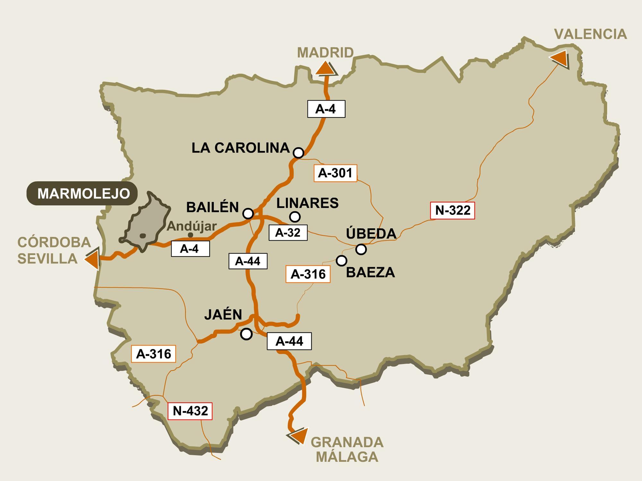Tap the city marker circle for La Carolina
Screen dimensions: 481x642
(x=299, y=153)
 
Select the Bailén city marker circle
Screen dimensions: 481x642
(x=248, y=213)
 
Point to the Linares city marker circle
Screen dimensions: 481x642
(x=295, y=217)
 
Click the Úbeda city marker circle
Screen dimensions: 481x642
(x=361, y=249)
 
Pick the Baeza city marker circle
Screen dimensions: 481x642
(x=342, y=260)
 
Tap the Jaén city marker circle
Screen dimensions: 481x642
(x=246, y=334)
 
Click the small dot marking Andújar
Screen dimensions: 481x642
(x=190, y=235)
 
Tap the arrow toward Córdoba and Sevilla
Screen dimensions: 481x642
(x=92, y=258)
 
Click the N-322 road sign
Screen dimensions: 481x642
(x=452, y=210)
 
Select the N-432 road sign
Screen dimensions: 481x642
(x=190, y=411)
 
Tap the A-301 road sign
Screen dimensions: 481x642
(x=335, y=173)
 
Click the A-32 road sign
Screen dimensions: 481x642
(x=288, y=232)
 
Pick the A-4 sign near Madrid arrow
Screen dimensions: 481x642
(x=326, y=109)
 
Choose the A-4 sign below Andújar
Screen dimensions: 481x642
(x=190, y=249)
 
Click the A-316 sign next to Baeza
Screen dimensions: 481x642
(x=308, y=274)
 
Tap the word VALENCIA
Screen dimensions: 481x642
(x=591, y=34)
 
